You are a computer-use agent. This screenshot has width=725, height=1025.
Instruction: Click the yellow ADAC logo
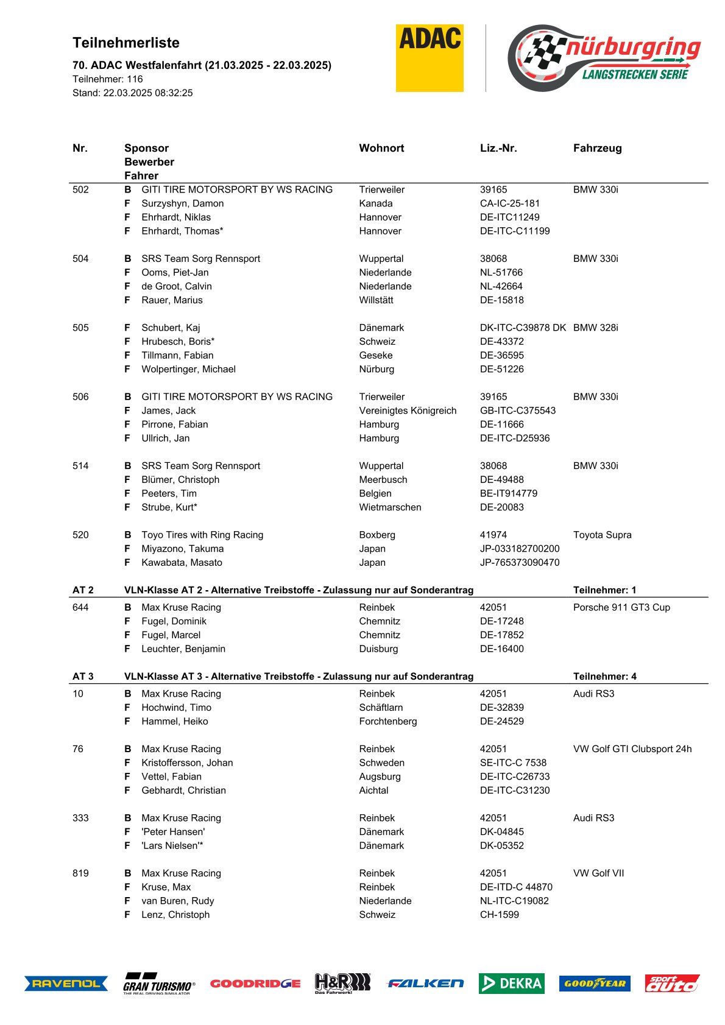click(430, 58)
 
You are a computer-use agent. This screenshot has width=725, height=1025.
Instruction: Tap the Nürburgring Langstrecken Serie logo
click(604, 58)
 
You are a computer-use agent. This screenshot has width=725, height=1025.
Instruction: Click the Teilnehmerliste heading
click(126, 43)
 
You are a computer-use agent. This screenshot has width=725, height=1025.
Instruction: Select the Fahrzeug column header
click(597, 148)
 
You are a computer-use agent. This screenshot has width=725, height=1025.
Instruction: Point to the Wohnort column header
click(381, 148)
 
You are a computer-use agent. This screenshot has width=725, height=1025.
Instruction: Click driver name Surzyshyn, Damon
click(182, 203)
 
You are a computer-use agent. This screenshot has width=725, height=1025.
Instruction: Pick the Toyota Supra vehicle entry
click(602, 535)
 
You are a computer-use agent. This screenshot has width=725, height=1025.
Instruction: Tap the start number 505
click(80, 328)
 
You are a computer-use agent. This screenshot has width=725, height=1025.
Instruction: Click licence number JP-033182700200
click(519, 549)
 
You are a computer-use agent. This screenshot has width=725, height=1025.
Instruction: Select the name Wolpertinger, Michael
click(188, 369)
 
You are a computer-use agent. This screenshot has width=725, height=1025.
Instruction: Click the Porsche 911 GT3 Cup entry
click(621, 607)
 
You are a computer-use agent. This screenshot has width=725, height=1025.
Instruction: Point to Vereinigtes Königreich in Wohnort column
click(408, 410)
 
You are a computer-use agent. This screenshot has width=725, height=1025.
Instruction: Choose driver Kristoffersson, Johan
click(187, 763)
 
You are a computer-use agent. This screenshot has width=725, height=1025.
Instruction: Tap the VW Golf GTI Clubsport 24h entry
click(632, 749)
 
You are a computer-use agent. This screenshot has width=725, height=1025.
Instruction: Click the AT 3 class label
click(83, 677)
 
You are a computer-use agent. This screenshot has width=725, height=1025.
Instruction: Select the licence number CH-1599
click(499, 915)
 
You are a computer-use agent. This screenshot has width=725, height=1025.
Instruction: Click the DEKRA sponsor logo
click(511, 983)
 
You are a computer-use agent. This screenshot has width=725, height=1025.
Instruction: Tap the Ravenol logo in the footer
click(66, 983)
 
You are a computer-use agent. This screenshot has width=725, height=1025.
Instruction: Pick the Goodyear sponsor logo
click(595, 983)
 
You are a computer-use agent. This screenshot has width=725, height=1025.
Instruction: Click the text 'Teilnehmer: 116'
click(108, 79)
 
